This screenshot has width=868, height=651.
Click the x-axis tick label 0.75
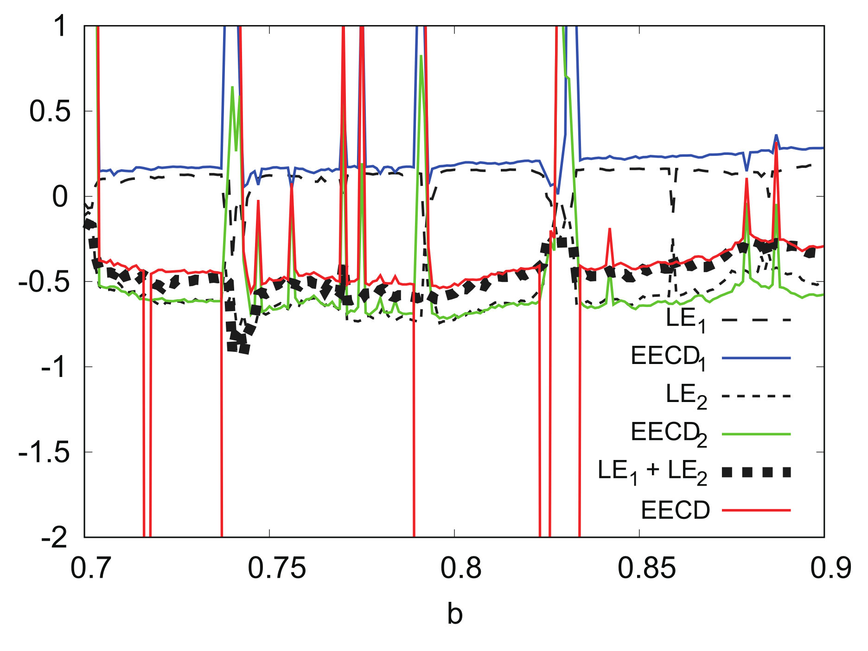coord(277,568)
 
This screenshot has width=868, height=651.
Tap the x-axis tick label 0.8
coord(454,568)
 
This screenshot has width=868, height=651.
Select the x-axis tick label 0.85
coord(646,568)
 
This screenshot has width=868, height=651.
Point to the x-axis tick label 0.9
coord(830,568)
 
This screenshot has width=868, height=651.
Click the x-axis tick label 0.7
coord(91,568)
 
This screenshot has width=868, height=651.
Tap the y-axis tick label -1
coord(54,367)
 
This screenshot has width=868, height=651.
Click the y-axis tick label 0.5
coord(50,111)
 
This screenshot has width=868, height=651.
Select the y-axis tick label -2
coord(54,537)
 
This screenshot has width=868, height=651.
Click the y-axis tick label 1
coord(60,26)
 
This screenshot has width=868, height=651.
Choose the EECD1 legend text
coord(668,358)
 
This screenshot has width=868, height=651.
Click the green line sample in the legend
coord(756,434)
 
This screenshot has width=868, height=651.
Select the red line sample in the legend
coord(756,510)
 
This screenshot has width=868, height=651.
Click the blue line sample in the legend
coord(756,358)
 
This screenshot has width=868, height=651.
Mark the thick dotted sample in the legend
coord(756,472)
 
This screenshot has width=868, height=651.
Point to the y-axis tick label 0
coord(60,197)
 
